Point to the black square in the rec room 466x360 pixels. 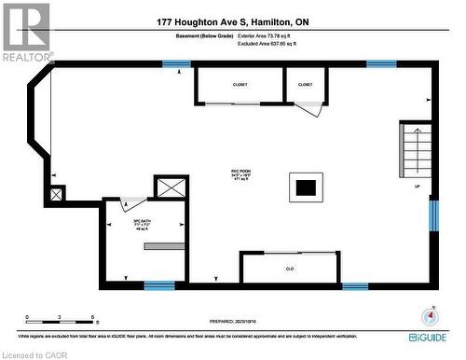[305, 187]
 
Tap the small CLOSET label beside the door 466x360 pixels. [306, 85]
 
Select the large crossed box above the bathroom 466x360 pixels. [171, 187]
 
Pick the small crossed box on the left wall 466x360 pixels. [58, 194]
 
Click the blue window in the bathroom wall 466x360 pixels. [159, 284]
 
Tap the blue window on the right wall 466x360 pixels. [432, 214]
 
